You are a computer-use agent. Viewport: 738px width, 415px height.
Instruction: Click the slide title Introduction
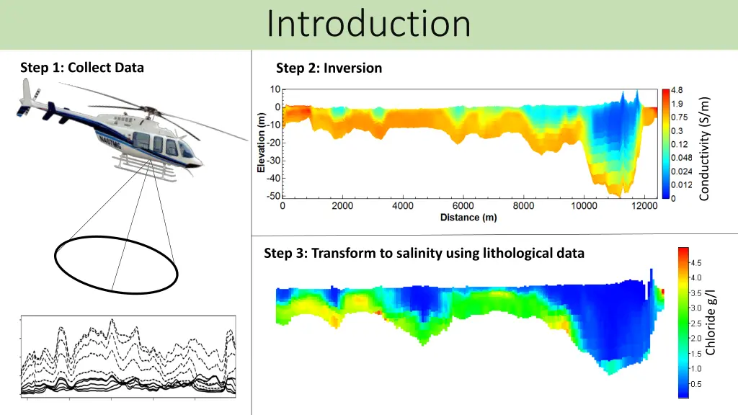click(x=368, y=24)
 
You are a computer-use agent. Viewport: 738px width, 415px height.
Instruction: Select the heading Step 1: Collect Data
click(x=82, y=68)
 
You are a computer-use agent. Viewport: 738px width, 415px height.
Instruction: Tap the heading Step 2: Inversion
click(x=329, y=68)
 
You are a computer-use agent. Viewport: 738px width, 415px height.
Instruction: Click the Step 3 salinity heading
click(x=424, y=253)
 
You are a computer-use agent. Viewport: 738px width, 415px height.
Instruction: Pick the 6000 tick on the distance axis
click(x=463, y=206)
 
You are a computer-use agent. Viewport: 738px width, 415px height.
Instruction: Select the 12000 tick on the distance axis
click(x=644, y=206)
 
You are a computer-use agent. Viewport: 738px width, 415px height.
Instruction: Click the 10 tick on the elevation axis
click(x=275, y=89)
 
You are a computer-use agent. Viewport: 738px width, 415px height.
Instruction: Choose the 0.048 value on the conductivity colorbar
click(x=681, y=158)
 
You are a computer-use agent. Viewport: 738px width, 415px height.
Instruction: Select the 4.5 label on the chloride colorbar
click(x=696, y=263)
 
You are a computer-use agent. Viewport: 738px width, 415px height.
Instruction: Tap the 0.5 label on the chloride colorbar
click(x=696, y=384)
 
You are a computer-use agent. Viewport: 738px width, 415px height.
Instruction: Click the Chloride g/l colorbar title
click(x=711, y=321)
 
